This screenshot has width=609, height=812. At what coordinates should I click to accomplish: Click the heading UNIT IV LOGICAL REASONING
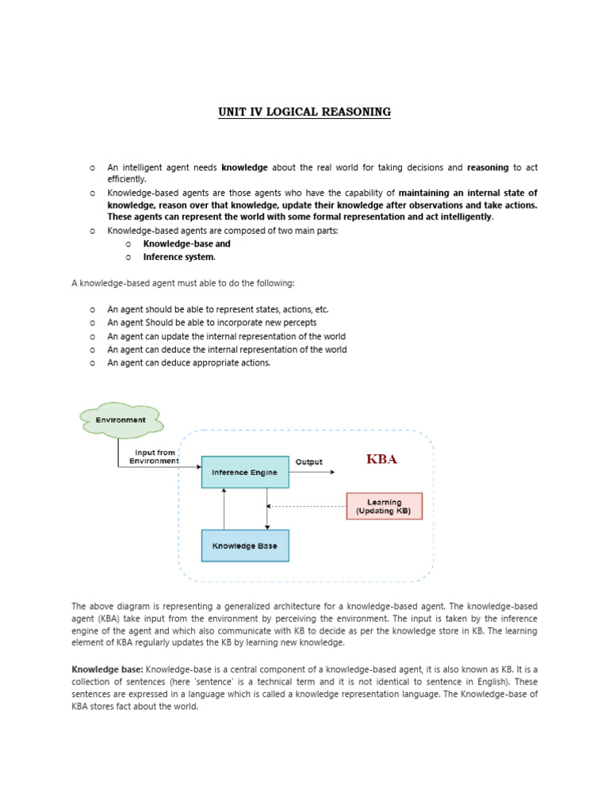pos(304,112)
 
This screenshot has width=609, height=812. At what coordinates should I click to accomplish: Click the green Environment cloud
pos(121,420)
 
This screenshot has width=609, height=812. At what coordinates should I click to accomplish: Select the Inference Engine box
pos(245,472)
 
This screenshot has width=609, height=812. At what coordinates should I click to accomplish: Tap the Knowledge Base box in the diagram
pos(245,546)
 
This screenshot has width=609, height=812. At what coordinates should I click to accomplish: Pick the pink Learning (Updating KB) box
pos(384,506)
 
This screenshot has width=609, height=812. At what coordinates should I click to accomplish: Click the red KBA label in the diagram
pos(381,459)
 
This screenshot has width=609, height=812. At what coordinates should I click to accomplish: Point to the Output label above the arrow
pos(309,462)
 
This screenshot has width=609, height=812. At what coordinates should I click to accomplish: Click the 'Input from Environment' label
pos(155,457)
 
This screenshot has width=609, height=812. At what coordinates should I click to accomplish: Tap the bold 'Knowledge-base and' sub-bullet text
pos(186,244)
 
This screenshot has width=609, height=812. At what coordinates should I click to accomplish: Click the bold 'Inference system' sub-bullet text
pos(178,257)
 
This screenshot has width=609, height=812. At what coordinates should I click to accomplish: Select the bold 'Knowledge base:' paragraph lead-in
pos(107,669)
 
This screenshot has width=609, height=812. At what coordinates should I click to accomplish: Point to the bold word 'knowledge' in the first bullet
pos(245,167)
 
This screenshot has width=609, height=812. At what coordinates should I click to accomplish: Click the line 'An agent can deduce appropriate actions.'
pos(189,362)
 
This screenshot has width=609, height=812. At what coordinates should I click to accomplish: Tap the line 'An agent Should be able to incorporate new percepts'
pos(212,323)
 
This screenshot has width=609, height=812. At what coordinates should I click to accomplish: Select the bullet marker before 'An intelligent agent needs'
pos(93,168)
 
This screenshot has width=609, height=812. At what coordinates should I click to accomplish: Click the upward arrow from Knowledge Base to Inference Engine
pos(224,508)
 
